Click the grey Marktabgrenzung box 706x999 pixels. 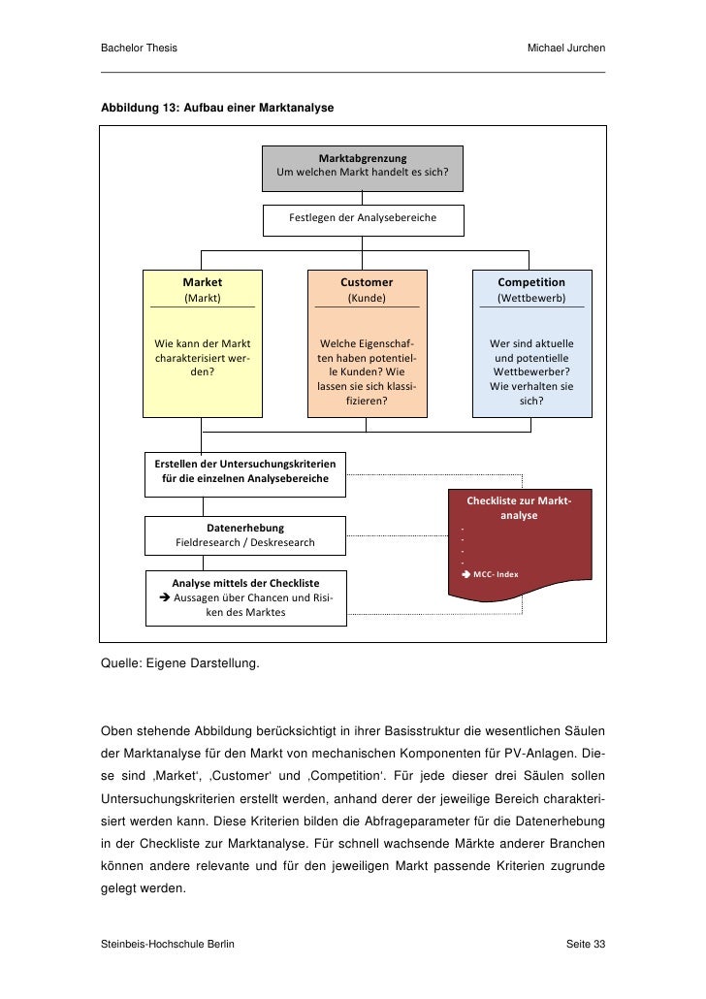pyautogui.click(x=362, y=168)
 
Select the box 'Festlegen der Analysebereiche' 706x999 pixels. pyautogui.click(x=362, y=219)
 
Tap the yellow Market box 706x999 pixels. pyautogui.click(x=202, y=343)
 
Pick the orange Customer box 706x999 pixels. pyautogui.click(x=367, y=343)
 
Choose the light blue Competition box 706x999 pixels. pyautogui.click(x=531, y=343)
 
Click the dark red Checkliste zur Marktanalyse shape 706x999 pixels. pyautogui.click(x=519, y=543)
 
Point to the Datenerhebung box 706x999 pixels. pyautogui.click(x=244, y=534)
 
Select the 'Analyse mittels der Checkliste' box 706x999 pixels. pyautogui.click(x=245, y=597)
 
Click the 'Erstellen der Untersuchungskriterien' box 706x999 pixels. pyautogui.click(x=244, y=472)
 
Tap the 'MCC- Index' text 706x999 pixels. pyautogui.click(x=496, y=574)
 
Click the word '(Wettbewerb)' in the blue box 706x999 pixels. pyautogui.click(x=531, y=299)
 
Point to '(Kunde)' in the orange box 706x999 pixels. pyautogui.click(x=367, y=299)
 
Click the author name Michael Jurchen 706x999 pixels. pyautogui.click(x=565, y=48)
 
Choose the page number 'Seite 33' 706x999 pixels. pyautogui.click(x=585, y=944)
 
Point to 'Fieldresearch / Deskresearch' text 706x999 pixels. pyautogui.click(x=244, y=542)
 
